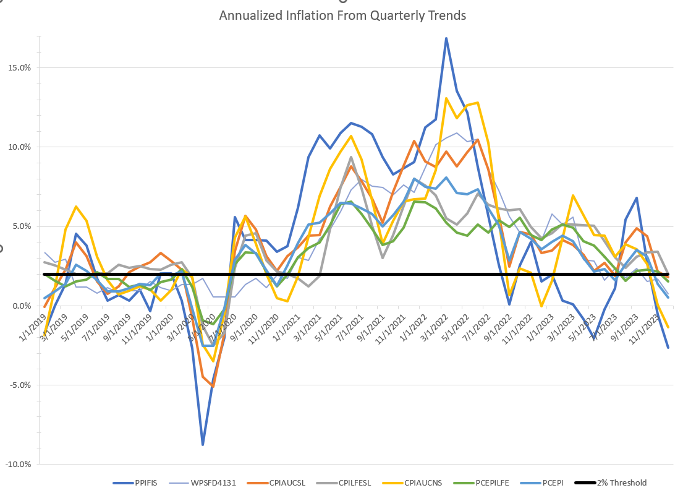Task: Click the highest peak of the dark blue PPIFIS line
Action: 446,38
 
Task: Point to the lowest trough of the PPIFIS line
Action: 203,445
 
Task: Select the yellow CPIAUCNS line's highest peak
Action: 446,98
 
